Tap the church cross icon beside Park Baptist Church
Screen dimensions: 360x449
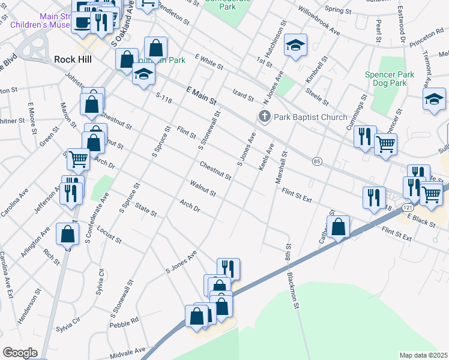tap(264, 116)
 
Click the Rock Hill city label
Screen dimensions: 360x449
tap(74, 59)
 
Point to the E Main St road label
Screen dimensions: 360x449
tap(201, 96)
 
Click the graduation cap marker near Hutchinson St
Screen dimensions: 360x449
tap(295, 45)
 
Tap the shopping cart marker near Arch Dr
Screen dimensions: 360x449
tap(78, 159)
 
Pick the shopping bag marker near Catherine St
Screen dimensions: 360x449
tap(339, 227)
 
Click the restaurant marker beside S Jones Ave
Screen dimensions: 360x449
tap(228, 268)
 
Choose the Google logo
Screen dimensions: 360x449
tap(20, 353)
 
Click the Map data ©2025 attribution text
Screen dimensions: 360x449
tap(423, 355)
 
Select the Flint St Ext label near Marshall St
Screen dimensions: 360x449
tap(297, 194)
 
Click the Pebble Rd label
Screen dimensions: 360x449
tap(124, 323)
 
